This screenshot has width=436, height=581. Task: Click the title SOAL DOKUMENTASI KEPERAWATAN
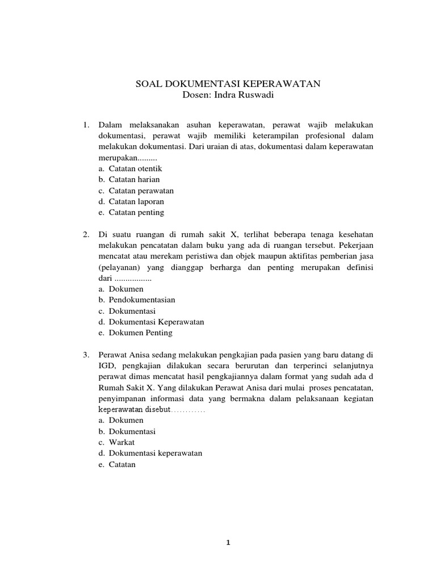[x=228, y=84]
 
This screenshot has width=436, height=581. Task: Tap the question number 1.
[x=86, y=125]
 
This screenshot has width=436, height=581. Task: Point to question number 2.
[x=86, y=234]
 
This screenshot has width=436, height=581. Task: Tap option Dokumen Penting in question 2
[x=140, y=332]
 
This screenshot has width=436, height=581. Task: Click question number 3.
[x=86, y=355]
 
